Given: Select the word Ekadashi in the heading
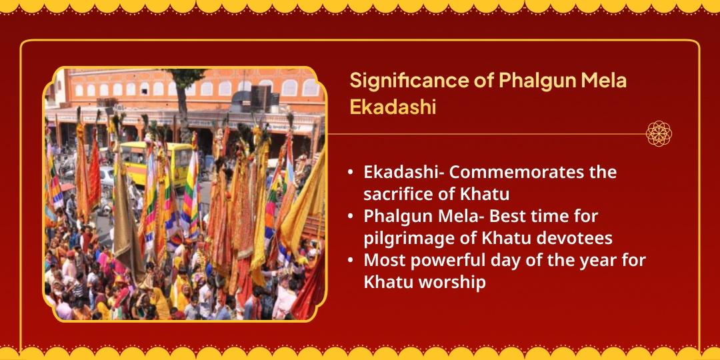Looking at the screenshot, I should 393,107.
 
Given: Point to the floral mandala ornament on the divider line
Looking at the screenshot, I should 659,133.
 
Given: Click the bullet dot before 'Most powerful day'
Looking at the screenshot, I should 351,261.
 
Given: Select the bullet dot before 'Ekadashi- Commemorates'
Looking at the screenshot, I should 351,173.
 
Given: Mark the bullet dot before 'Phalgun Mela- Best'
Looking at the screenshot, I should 351,217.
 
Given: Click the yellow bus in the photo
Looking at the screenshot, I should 155,161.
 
